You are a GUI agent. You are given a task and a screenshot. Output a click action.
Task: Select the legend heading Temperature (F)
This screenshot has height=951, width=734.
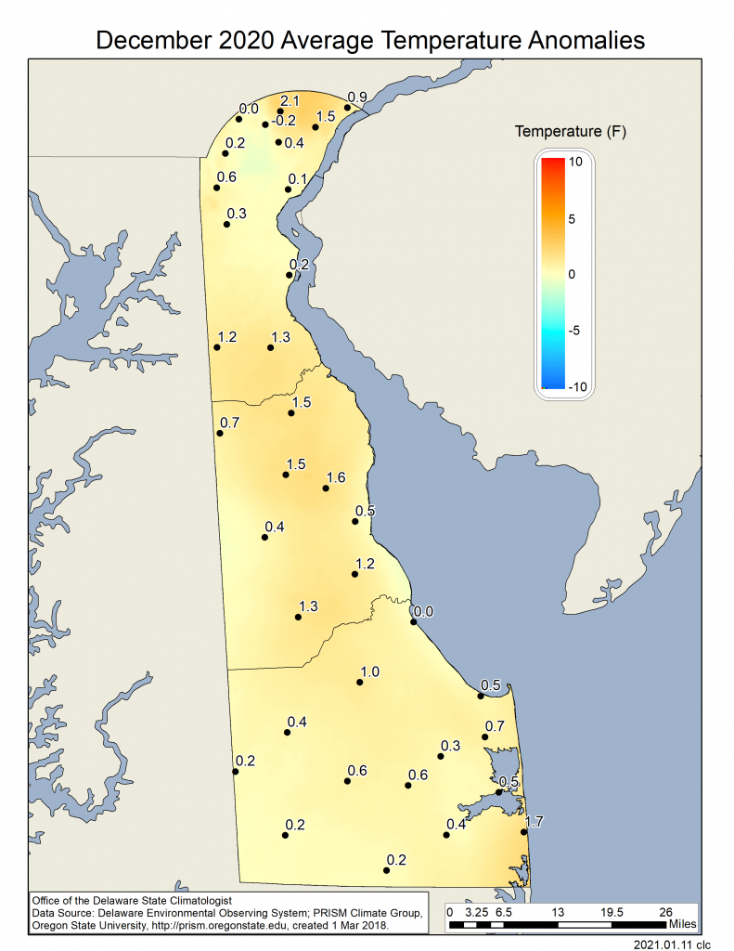[x=570, y=132]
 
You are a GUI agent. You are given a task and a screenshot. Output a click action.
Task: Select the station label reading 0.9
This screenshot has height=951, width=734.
[x=357, y=97]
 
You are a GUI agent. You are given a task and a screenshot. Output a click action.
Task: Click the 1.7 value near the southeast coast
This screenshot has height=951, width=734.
[x=534, y=822]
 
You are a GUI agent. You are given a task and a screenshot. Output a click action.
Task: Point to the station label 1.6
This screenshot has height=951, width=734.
[x=336, y=477]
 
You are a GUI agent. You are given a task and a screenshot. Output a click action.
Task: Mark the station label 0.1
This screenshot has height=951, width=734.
[x=298, y=179]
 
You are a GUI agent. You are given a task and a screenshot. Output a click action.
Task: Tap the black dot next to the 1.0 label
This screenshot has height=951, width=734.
[x=359, y=683]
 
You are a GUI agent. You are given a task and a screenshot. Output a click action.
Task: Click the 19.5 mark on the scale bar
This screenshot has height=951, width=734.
[x=612, y=912]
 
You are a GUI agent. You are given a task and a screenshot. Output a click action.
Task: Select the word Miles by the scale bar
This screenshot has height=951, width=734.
[x=681, y=925]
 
